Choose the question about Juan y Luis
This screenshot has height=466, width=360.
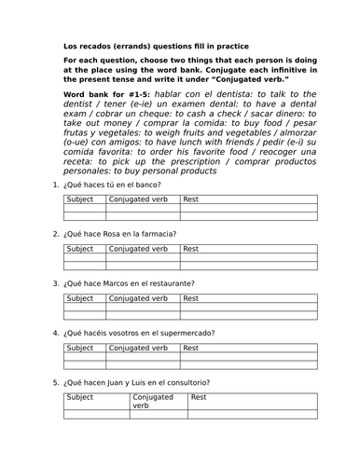coord(137,382)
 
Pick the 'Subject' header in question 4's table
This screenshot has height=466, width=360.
coord(80,348)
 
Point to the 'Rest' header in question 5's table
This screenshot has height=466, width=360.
coord(199,397)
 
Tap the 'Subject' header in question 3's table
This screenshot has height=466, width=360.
coord(80,298)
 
